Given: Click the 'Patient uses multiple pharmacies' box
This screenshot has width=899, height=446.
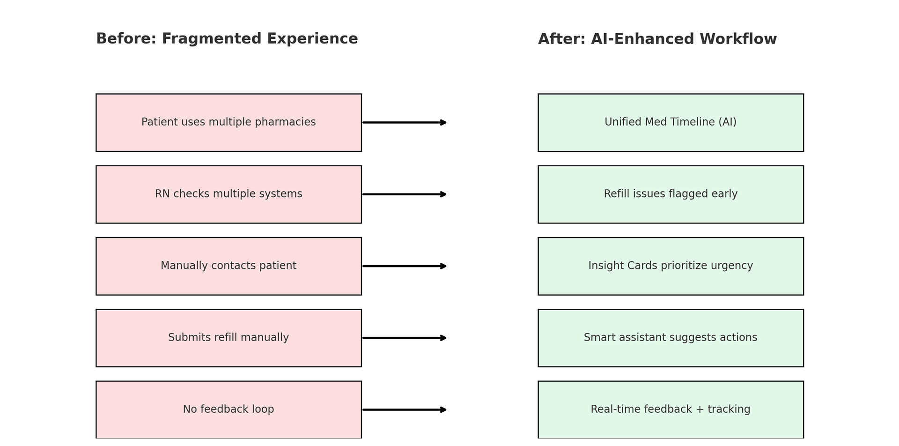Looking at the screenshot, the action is pos(228,122).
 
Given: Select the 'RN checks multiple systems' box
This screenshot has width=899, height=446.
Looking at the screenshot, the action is pos(228,194).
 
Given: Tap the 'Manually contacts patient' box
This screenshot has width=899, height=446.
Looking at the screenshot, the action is pos(228,266).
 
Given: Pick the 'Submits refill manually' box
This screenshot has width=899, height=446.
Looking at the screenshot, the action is pos(228,338).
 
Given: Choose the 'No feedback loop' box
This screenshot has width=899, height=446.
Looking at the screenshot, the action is pos(228,410).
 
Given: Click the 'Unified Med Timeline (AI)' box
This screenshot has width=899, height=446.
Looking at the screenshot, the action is pos(671,122).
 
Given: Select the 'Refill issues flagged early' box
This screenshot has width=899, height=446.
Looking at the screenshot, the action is pos(671,194).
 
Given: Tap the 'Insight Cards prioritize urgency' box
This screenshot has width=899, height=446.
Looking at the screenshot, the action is pos(671,266).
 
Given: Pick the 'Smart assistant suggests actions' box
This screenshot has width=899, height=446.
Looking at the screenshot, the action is pos(671,338).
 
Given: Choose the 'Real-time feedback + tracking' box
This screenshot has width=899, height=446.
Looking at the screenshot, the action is pos(671,410).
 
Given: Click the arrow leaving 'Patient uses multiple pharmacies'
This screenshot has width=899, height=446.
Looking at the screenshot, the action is pos(405,122).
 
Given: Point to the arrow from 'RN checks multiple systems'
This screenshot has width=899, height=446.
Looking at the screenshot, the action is pos(405,194).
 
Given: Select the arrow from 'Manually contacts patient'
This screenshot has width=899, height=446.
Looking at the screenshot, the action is pos(405,266).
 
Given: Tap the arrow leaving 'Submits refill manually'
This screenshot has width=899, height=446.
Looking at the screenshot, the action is pos(405,338).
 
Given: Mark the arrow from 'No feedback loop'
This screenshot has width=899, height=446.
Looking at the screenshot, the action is pos(405,410).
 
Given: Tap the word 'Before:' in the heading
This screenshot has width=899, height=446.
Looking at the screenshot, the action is pos(126,39).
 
